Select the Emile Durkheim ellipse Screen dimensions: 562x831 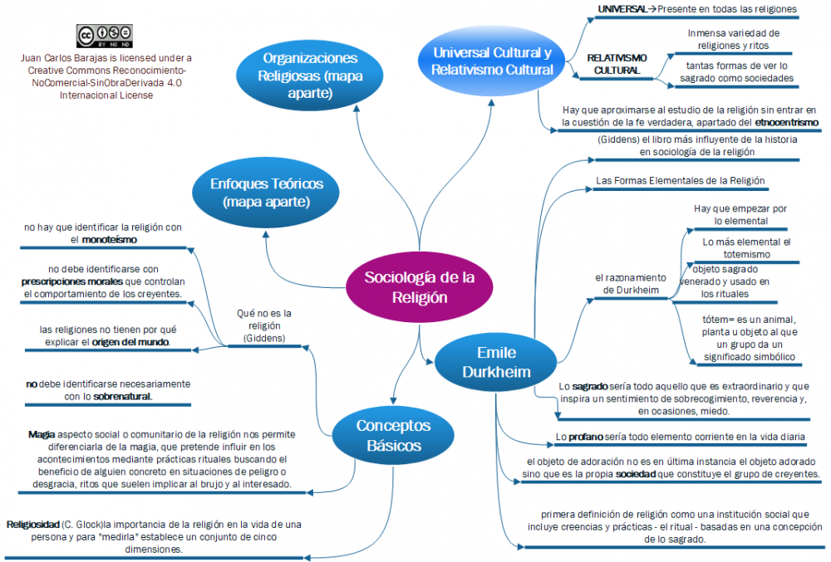pos(496,361)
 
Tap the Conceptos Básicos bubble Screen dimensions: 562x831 pos(393,435)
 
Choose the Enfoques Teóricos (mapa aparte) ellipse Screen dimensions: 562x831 pos(267,193)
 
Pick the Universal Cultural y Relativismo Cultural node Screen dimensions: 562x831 pos(492,61)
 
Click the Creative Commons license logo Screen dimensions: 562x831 pos(105,37)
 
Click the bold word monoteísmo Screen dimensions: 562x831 pos(110,239)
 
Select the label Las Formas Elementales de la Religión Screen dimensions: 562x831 pos(679,180)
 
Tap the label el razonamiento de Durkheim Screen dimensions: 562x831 pos(631,283)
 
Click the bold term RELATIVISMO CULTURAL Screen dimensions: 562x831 pos(617,64)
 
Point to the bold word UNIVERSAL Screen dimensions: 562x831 pos(622,9)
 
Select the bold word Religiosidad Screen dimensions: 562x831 pos(32,525)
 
